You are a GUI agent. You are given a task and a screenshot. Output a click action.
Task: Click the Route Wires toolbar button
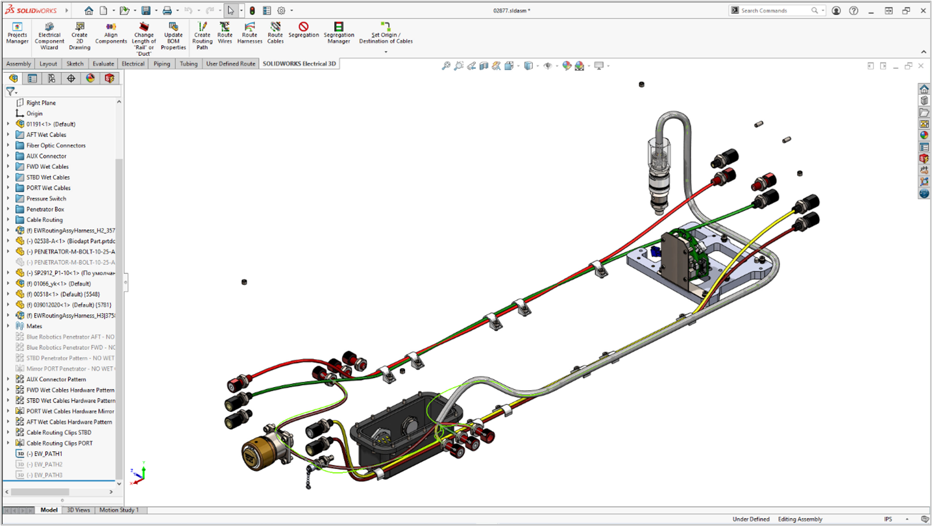point(225,33)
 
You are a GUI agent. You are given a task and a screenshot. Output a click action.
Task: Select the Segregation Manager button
point(339,33)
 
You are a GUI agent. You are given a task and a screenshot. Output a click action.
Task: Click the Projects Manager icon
point(18,33)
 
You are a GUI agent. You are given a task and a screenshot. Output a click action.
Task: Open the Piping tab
point(162,64)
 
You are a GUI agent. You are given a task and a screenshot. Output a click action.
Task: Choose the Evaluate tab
point(103,64)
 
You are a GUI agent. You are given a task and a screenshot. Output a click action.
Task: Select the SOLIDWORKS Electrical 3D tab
point(299,64)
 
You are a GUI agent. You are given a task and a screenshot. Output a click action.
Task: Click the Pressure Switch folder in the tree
point(46,199)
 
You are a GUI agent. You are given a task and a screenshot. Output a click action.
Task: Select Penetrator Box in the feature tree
point(45,209)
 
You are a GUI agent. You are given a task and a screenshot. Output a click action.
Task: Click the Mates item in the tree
point(34,326)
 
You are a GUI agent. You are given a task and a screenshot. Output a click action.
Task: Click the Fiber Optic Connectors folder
point(56,145)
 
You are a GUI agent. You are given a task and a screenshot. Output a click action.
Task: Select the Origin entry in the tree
point(34,114)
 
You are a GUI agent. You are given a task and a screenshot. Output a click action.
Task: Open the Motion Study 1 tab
point(119,510)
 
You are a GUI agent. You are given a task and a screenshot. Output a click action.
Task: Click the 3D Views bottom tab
point(79,510)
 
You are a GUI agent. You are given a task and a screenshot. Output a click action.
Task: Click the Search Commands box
point(776,10)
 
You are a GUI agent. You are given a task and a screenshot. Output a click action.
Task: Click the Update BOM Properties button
point(173,36)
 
